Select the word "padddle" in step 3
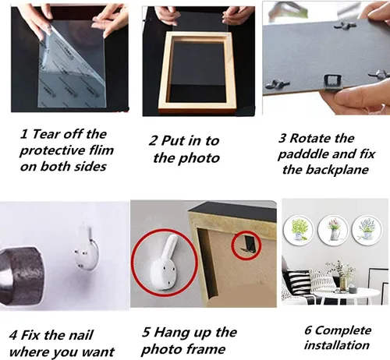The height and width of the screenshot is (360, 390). coord(303,155)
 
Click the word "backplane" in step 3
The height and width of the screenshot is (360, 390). coord(337,170)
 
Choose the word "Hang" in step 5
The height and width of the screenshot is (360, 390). coord(170,332)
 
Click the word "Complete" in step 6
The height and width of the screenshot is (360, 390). coord(343,330)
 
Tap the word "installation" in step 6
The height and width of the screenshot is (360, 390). coord(337,345)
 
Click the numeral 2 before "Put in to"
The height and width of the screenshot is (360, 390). coord(153,141)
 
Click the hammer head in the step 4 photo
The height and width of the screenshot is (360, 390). coord(21,275)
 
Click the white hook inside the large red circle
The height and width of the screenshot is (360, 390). coord(165,263)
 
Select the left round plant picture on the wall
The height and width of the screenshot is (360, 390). coord(300,230)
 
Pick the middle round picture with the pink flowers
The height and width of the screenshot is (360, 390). coord(334,230)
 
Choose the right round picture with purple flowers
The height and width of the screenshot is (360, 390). coord(367,230)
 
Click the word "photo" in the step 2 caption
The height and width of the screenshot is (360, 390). coord(200,158)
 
